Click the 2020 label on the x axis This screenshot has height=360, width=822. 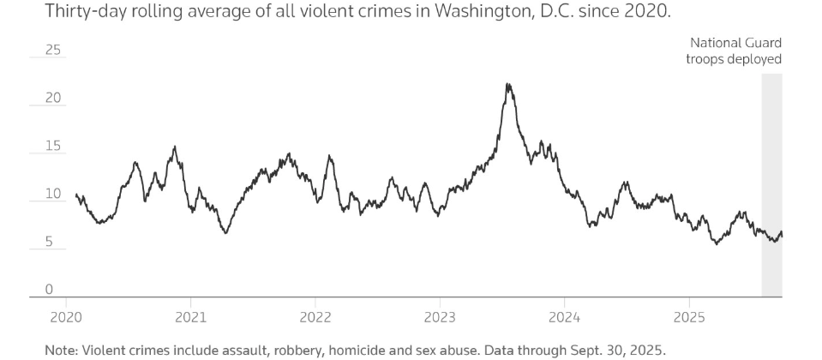pyautogui.click(x=65, y=318)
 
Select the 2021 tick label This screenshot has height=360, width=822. pyautogui.click(x=189, y=318)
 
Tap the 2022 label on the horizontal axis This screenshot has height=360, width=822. pyautogui.click(x=315, y=318)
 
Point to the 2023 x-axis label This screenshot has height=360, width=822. pyautogui.click(x=440, y=318)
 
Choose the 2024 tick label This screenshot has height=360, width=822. pyautogui.click(x=564, y=318)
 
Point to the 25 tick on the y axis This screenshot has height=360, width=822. pyautogui.click(x=53, y=51)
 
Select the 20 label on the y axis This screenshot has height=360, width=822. pyautogui.click(x=53, y=99)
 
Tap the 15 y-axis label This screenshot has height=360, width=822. pyautogui.click(x=53, y=147)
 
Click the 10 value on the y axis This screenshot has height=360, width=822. pyautogui.click(x=53, y=195)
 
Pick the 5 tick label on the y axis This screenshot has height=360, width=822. pyautogui.click(x=49, y=243)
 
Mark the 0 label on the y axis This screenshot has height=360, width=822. pyautogui.click(x=49, y=290)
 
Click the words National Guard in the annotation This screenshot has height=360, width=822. pyautogui.click(x=736, y=43)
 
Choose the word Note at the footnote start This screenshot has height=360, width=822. pyautogui.click(x=61, y=350)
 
